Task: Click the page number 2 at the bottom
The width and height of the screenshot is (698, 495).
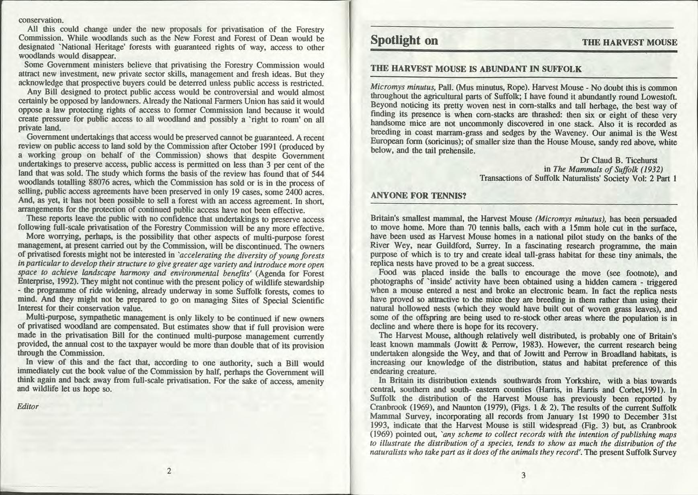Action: [x=169, y=470]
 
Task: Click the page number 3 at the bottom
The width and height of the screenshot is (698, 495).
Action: [x=523, y=475]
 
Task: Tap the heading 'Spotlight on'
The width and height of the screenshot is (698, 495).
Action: [x=404, y=41]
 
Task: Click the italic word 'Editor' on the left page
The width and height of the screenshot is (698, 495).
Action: [x=28, y=406]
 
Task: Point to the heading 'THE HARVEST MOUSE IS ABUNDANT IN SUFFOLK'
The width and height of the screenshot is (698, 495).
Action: [x=476, y=69]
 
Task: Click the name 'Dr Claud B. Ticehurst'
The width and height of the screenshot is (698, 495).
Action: [x=618, y=160]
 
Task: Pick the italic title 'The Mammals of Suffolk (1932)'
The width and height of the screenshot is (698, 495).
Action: [x=608, y=169]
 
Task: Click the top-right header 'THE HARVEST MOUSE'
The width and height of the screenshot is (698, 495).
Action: [x=629, y=43]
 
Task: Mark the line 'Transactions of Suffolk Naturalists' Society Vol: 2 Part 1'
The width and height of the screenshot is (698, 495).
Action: [x=578, y=178]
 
